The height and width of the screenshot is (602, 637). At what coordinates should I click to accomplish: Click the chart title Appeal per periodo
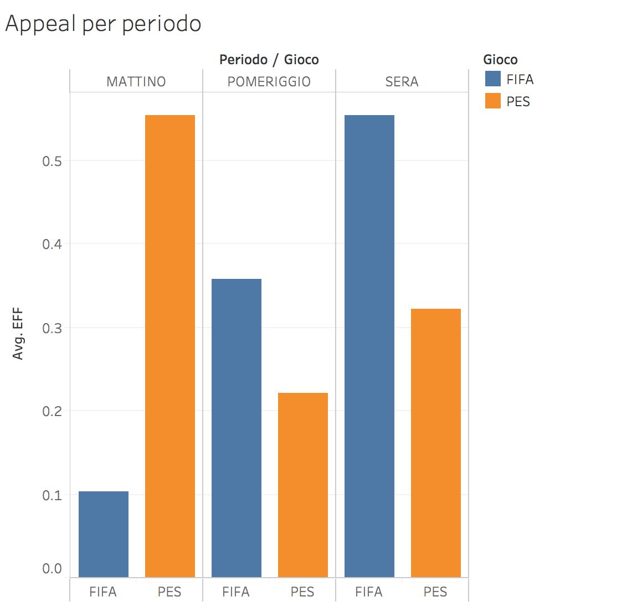103,24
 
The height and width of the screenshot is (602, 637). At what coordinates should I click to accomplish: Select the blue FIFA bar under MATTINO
104,534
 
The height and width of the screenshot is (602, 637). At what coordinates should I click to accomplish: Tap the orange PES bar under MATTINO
170,346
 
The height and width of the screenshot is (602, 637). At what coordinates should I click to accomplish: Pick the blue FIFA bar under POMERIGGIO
237,428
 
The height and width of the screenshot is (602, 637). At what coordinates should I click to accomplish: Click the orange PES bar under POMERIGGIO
303,485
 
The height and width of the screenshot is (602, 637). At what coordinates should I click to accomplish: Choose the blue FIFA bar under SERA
369,346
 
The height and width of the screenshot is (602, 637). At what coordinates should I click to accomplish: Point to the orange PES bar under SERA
436,443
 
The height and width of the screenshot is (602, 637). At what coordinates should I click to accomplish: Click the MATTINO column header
136,82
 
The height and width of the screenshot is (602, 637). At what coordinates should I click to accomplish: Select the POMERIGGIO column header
269,82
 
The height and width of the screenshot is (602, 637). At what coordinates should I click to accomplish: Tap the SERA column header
402,82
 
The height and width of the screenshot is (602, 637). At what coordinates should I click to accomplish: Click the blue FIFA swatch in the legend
493,79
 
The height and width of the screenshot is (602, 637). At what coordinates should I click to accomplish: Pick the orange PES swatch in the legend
493,101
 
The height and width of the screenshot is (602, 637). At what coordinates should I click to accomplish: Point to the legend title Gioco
500,60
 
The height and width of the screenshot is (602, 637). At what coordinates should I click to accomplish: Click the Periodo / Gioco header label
269,60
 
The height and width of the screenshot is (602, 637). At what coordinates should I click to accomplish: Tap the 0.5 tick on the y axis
52,161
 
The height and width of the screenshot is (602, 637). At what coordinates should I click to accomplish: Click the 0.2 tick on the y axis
52,411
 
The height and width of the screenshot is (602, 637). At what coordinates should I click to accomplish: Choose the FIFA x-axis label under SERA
369,592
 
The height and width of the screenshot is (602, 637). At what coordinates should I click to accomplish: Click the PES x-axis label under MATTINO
169,592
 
